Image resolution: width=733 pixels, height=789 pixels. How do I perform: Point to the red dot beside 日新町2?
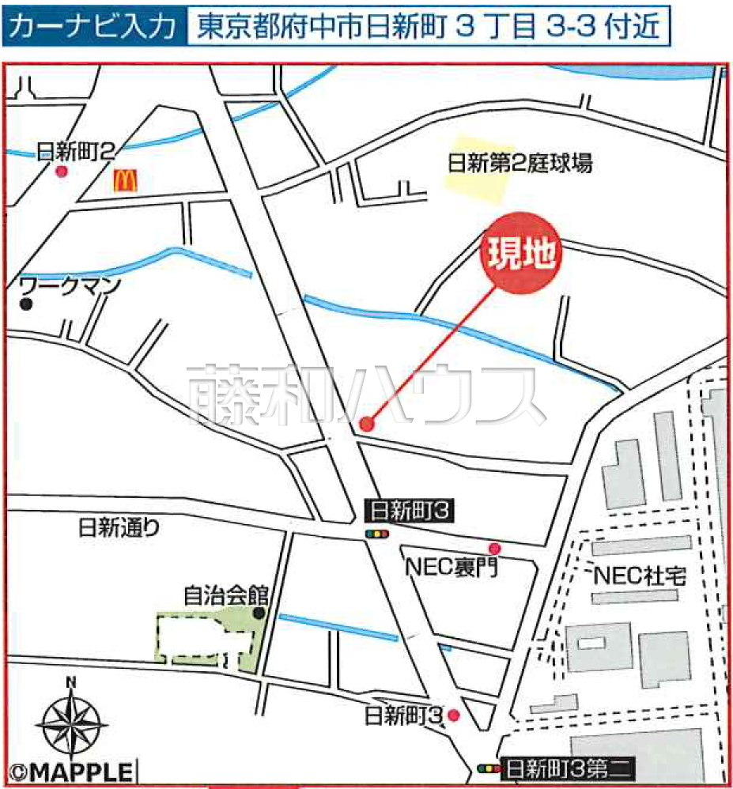(x=62, y=172)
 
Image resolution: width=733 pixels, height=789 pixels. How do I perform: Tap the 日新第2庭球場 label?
(x=520, y=164)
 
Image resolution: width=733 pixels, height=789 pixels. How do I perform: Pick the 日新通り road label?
(x=119, y=528)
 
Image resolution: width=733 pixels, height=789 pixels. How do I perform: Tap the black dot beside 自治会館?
(x=259, y=613)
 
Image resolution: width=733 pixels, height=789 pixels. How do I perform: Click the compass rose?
(x=72, y=721)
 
